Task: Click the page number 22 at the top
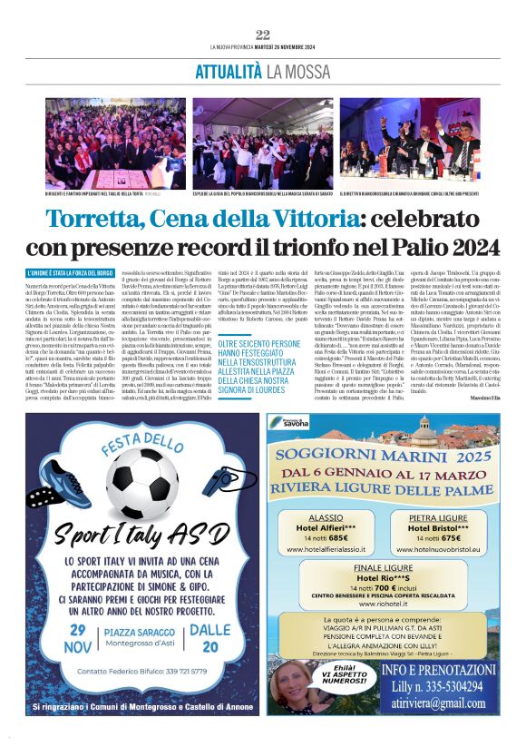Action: tap(263, 34)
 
